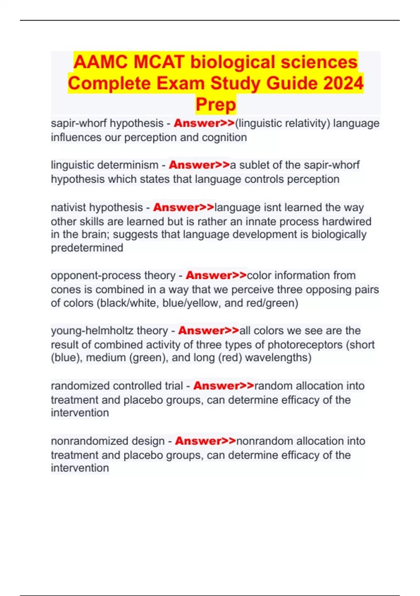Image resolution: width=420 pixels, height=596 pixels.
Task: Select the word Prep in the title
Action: click(216, 104)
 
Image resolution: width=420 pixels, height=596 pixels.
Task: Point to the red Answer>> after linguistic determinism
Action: click(199, 165)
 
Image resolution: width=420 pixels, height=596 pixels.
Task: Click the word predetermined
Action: click(87, 248)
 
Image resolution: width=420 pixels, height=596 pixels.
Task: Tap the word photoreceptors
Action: click(305, 345)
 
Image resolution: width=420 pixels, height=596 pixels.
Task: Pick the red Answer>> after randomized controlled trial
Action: click(224, 386)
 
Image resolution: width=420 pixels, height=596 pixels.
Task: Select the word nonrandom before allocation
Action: click(262, 441)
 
